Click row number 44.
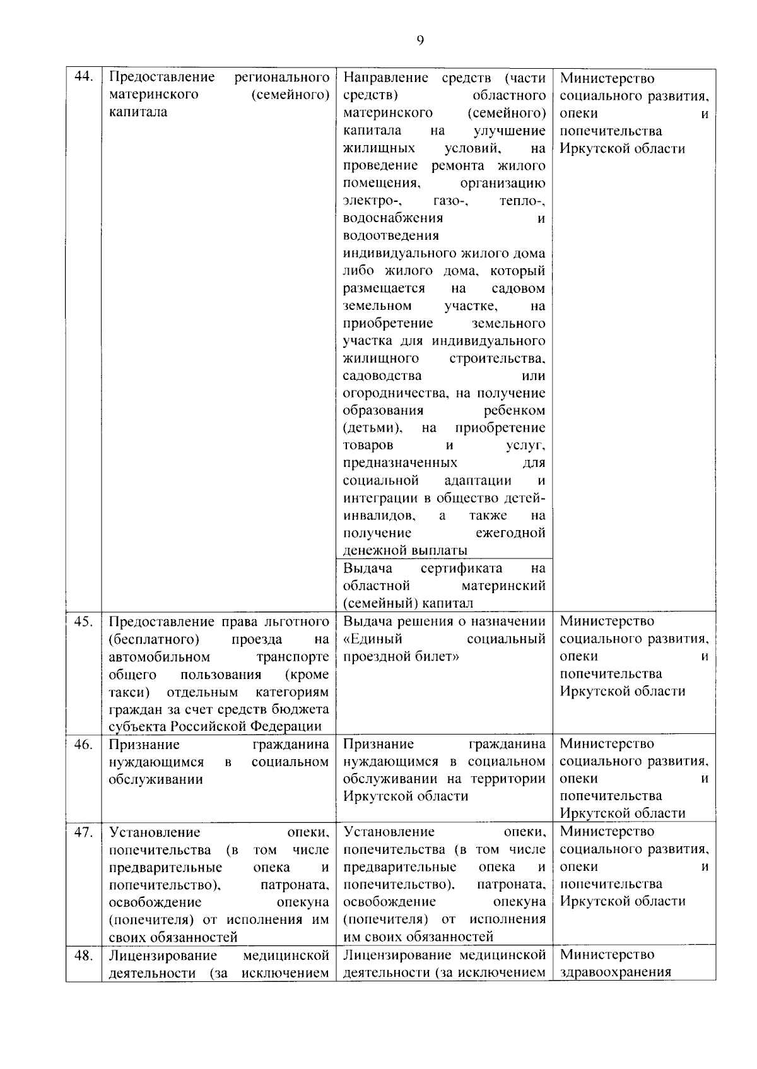pyautogui.click(x=83, y=78)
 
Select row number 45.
pyautogui.click(x=83, y=621)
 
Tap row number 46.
pyautogui.click(x=83, y=744)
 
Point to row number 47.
pyautogui.click(x=83, y=832)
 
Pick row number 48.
pyautogui.click(x=83, y=955)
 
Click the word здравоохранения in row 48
pyautogui.click(x=615, y=972)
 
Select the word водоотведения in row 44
pyautogui.click(x=390, y=235)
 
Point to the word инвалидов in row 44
pyautogui.click(x=378, y=516)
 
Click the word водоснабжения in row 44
pyautogui.click(x=392, y=218)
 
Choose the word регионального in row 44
pyautogui.click(x=281, y=78)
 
